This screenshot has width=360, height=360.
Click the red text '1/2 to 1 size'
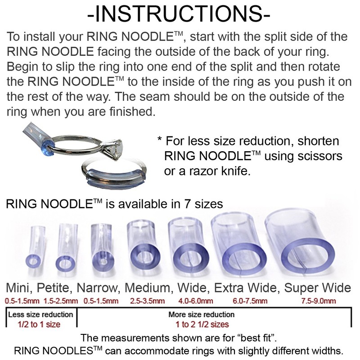click(40, 324)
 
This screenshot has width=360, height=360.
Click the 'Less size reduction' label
click(40, 314)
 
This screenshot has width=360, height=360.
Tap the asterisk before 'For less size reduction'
click(160, 140)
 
